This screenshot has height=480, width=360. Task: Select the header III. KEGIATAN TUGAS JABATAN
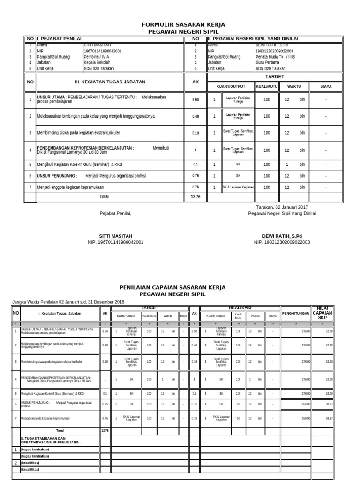point(110,82)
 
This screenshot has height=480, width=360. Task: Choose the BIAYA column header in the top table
point(325,87)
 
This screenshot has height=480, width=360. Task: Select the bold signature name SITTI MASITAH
point(115,236)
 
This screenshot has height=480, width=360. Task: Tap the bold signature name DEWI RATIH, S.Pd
point(282,236)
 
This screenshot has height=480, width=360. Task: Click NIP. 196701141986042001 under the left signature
point(115,242)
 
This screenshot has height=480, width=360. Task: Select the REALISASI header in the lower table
point(240,307)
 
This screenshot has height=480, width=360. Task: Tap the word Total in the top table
point(104,197)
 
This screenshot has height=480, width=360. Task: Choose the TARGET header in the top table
point(275,76)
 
